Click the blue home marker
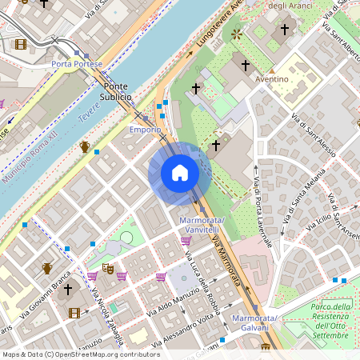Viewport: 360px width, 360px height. [180, 173]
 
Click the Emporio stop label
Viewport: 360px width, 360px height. [146, 129]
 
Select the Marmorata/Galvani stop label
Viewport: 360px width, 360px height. [254, 323]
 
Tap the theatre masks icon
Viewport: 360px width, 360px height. [108, 270]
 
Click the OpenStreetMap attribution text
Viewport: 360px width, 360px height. [80, 354]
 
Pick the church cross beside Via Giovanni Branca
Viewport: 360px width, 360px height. [68, 289]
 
